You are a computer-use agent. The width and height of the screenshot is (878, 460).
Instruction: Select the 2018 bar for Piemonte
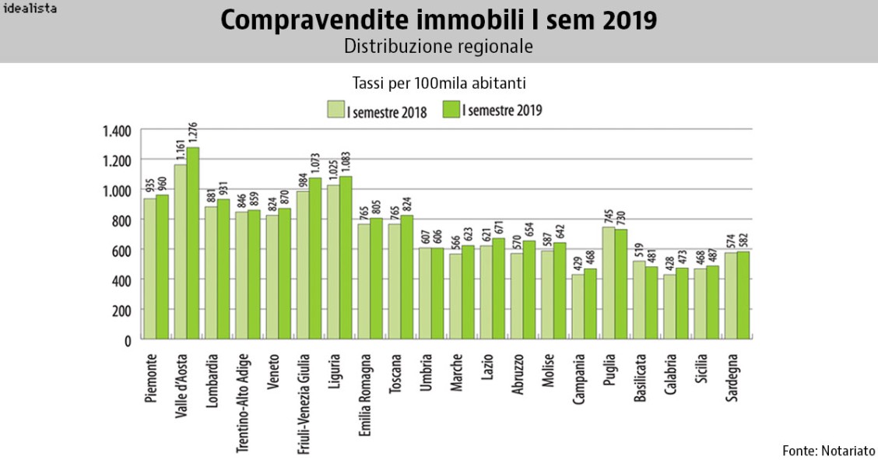pyautogui.click(x=150, y=269)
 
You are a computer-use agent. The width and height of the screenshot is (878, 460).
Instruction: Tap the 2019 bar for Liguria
pyautogui.click(x=346, y=258)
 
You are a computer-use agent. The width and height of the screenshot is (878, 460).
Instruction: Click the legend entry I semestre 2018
pyautogui.click(x=377, y=111)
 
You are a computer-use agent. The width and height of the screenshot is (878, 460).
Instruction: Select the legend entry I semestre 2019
pyautogui.click(x=492, y=111)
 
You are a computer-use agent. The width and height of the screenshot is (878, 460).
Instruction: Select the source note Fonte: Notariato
pyautogui.click(x=828, y=450)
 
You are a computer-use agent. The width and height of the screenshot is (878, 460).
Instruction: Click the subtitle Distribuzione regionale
pyautogui.click(x=438, y=46)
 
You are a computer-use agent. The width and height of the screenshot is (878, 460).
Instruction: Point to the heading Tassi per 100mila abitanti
pyautogui.click(x=438, y=82)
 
